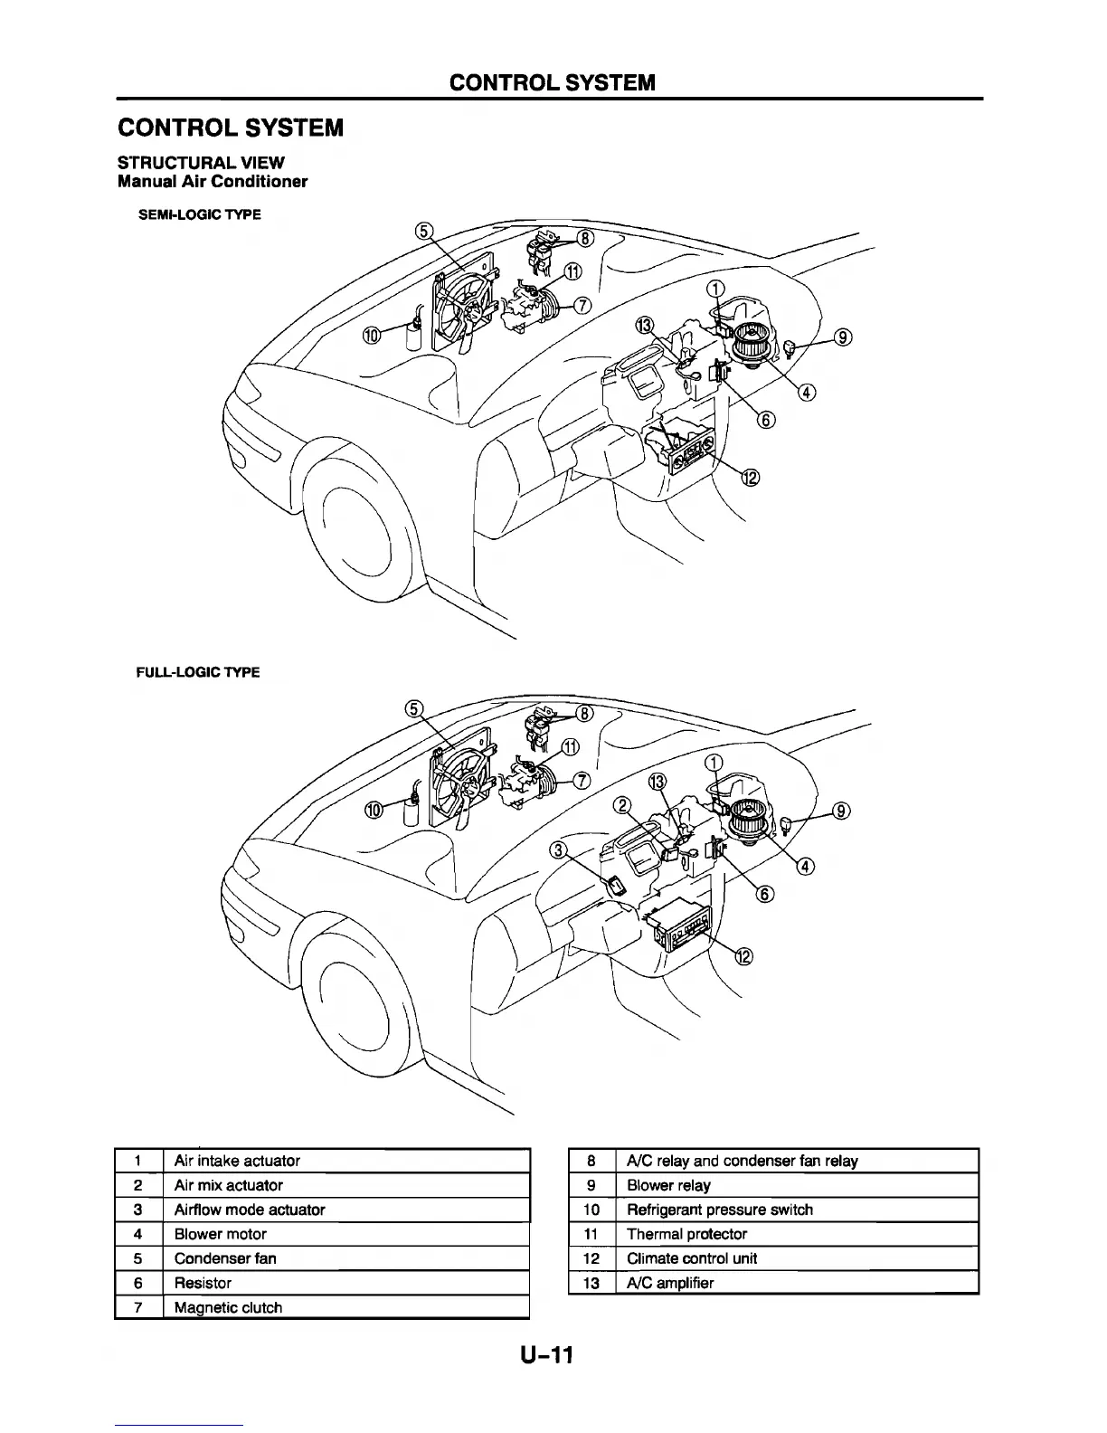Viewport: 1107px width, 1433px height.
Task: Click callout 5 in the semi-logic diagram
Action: pos(424,230)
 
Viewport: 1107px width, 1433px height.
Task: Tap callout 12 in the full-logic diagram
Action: pos(743,958)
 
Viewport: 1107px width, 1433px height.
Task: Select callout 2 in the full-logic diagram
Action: pos(622,806)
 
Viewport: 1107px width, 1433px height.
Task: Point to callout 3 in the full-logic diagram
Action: pos(561,849)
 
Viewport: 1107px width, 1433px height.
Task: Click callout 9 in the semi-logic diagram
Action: pos(842,338)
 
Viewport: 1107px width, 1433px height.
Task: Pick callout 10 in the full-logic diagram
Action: pos(373,811)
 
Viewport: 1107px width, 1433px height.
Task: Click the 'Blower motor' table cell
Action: pos(220,1234)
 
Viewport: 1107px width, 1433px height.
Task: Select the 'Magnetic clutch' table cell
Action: pos(228,1307)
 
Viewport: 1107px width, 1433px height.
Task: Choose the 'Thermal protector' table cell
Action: pos(686,1234)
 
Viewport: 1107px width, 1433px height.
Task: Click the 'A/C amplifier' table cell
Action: pos(670,1283)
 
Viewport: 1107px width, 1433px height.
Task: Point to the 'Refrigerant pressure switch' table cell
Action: pos(719,1210)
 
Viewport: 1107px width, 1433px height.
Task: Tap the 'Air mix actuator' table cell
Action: pos(228,1185)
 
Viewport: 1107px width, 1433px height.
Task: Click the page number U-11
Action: pos(547,1355)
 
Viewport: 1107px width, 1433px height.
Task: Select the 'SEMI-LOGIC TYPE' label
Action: pos(199,215)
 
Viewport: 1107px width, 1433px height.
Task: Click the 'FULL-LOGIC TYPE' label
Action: pos(198,672)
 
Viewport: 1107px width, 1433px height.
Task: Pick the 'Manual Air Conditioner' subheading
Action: pos(213,182)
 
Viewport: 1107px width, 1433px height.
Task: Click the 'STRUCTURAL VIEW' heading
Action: pos(201,163)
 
